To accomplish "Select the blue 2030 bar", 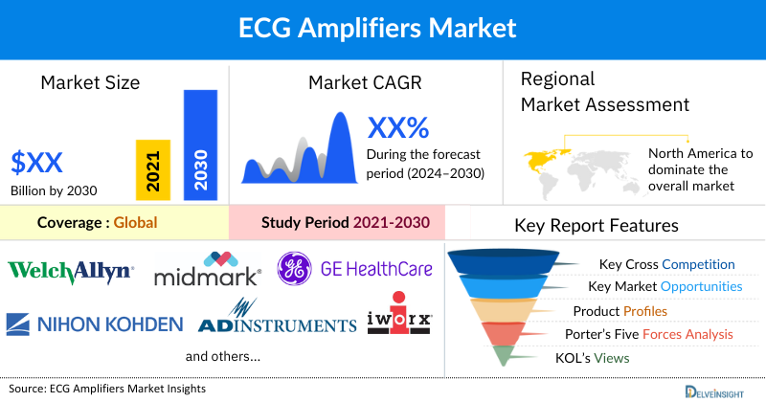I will (x=200, y=146).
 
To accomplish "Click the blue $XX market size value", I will (x=38, y=159).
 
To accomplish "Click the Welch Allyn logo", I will (x=71, y=272).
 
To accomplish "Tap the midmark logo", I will (x=208, y=272).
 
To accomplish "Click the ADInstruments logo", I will (x=276, y=321).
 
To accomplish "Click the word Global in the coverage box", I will (x=135, y=223).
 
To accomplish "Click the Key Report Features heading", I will (x=597, y=226).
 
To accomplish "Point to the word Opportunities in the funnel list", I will (x=700, y=286).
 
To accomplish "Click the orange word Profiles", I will (x=645, y=311).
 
